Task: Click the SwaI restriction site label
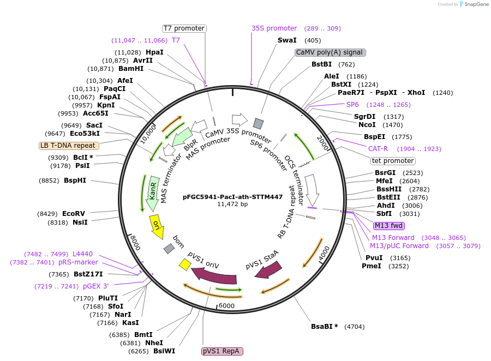click(287, 40)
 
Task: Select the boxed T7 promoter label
click(184, 28)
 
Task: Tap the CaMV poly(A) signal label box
click(330, 52)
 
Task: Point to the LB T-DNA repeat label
click(69, 146)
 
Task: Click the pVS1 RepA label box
click(222, 351)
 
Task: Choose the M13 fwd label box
click(388, 226)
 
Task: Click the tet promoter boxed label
click(393, 161)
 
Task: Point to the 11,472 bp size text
click(232, 204)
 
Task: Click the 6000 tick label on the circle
click(226, 306)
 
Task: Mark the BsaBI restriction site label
click(324, 327)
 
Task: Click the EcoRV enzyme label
click(73, 214)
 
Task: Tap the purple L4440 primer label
click(82, 254)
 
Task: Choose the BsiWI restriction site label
click(164, 351)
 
